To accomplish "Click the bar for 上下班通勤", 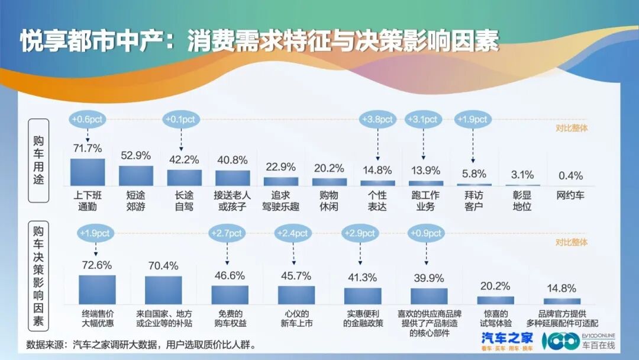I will pos(88,172).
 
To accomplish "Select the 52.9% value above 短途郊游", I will pos(135,156).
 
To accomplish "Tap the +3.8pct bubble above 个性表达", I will pos(377,120).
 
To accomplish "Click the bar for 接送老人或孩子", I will pos(233,178).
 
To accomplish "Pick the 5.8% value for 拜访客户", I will pos(474,174).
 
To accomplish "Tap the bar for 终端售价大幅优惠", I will pos(98,290).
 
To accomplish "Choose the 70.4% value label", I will pos(163,266).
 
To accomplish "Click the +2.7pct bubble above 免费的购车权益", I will pos(228,233).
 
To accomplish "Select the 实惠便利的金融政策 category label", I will pos(363,319).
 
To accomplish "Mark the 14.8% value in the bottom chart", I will pos(561,288).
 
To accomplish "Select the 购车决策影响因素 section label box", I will pos(39,275).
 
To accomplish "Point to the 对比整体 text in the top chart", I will pos(572,127).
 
